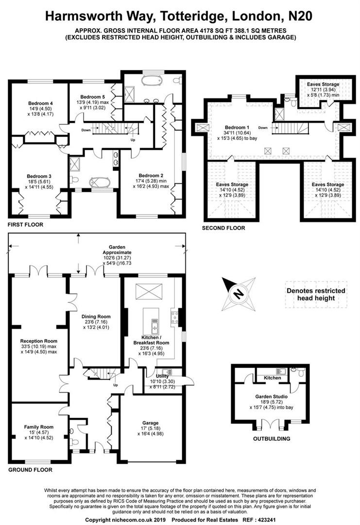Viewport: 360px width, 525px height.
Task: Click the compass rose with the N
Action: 238,293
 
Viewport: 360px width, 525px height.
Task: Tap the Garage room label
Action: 151,423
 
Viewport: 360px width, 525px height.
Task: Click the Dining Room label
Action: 95,316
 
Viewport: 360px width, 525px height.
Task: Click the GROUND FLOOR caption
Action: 30,470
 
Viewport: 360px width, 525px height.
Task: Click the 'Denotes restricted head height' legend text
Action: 315,294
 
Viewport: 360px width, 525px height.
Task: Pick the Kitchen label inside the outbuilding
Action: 272,378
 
